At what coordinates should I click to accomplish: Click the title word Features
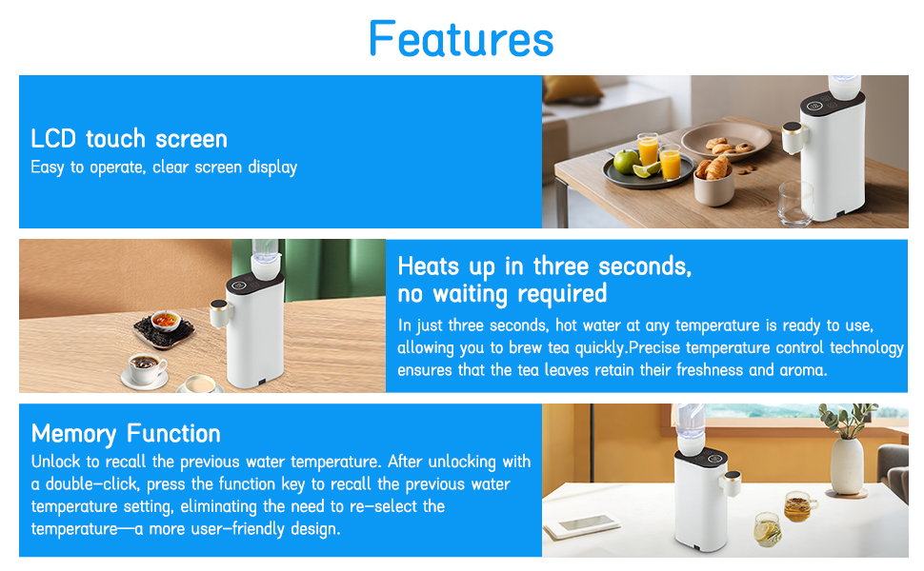tap(461, 39)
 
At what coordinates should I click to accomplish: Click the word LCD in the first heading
tap(52, 139)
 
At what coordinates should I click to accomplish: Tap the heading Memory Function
tap(126, 434)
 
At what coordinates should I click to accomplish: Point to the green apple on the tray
tap(626, 161)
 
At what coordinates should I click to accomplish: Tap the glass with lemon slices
tap(767, 528)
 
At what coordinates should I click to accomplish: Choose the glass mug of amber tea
tap(800, 504)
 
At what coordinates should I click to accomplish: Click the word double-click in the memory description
tap(73, 484)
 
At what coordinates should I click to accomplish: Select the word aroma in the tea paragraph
tap(803, 370)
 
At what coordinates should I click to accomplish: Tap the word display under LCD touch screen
tap(272, 167)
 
